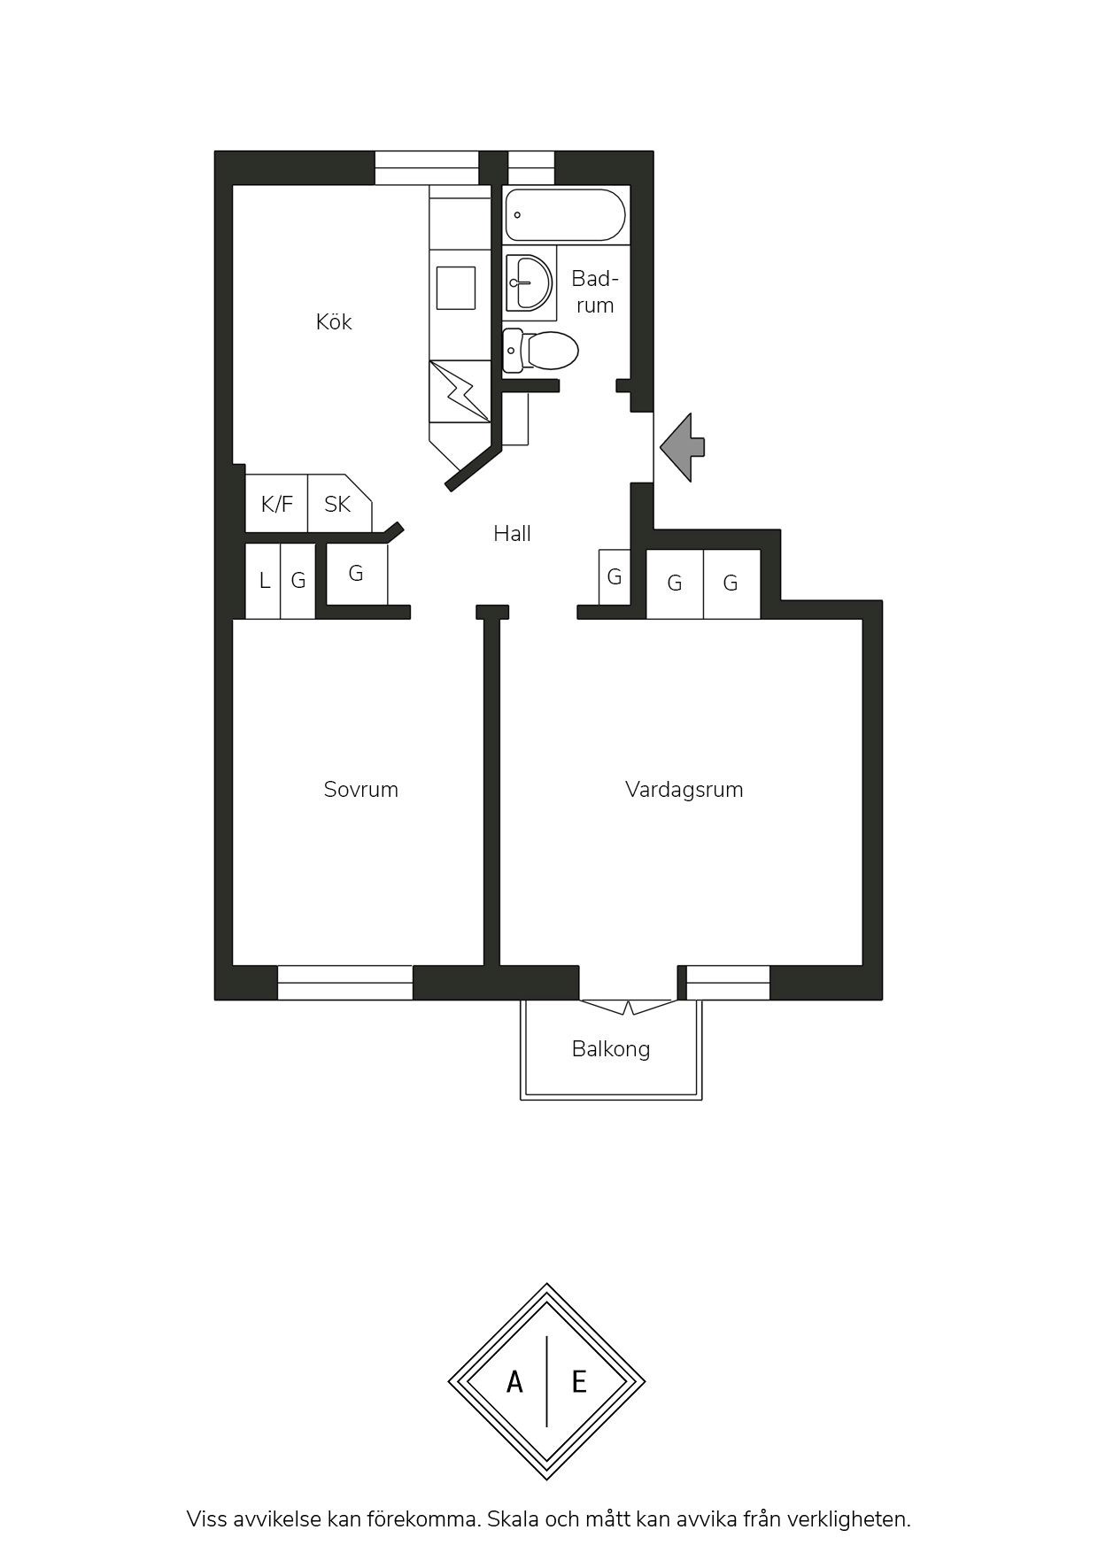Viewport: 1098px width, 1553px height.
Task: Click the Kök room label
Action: click(x=334, y=321)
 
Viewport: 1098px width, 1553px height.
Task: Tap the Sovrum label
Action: click(x=361, y=789)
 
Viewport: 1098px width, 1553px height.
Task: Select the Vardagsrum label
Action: click(x=684, y=789)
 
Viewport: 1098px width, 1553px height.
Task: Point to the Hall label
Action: click(x=512, y=533)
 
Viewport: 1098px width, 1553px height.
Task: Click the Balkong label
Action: click(x=611, y=1049)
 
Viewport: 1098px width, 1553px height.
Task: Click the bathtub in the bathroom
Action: click(x=565, y=214)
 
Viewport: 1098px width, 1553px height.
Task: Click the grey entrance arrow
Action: click(x=683, y=447)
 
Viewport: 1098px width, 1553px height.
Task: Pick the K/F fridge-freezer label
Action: click(x=277, y=504)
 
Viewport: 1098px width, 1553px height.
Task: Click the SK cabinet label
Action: click(x=337, y=504)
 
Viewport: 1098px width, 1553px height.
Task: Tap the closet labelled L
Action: click(x=264, y=581)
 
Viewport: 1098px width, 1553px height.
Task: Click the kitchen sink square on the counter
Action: click(x=456, y=288)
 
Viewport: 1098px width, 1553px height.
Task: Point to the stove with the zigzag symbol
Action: click(x=460, y=391)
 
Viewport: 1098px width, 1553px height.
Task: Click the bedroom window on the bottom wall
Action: click(x=345, y=983)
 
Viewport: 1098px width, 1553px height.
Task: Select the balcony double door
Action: click(x=629, y=1007)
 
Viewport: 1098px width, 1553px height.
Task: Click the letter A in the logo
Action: click(x=514, y=1381)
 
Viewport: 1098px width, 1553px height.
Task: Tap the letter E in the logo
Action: click(x=579, y=1381)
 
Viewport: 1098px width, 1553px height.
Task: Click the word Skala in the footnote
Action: click(x=514, y=1519)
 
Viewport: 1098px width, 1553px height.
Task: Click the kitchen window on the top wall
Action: click(x=427, y=168)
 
